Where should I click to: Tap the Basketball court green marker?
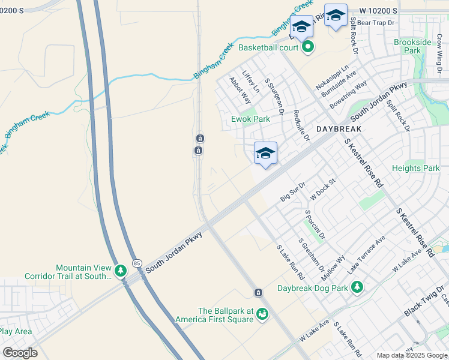(308, 47)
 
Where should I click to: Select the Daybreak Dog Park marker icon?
(357, 287)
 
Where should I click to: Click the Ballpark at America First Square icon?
(262, 314)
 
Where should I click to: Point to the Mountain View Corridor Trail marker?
(121, 271)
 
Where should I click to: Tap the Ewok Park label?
(251, 119)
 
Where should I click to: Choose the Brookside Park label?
(412, 46)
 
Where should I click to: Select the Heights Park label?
(415, 168)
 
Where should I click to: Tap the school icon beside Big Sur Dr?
(265, 154)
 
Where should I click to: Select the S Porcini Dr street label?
(315, 223)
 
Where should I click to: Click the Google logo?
(20, 353)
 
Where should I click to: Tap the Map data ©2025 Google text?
(412, 355)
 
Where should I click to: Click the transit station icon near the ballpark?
(258, 292)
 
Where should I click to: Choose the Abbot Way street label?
(241, 89)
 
